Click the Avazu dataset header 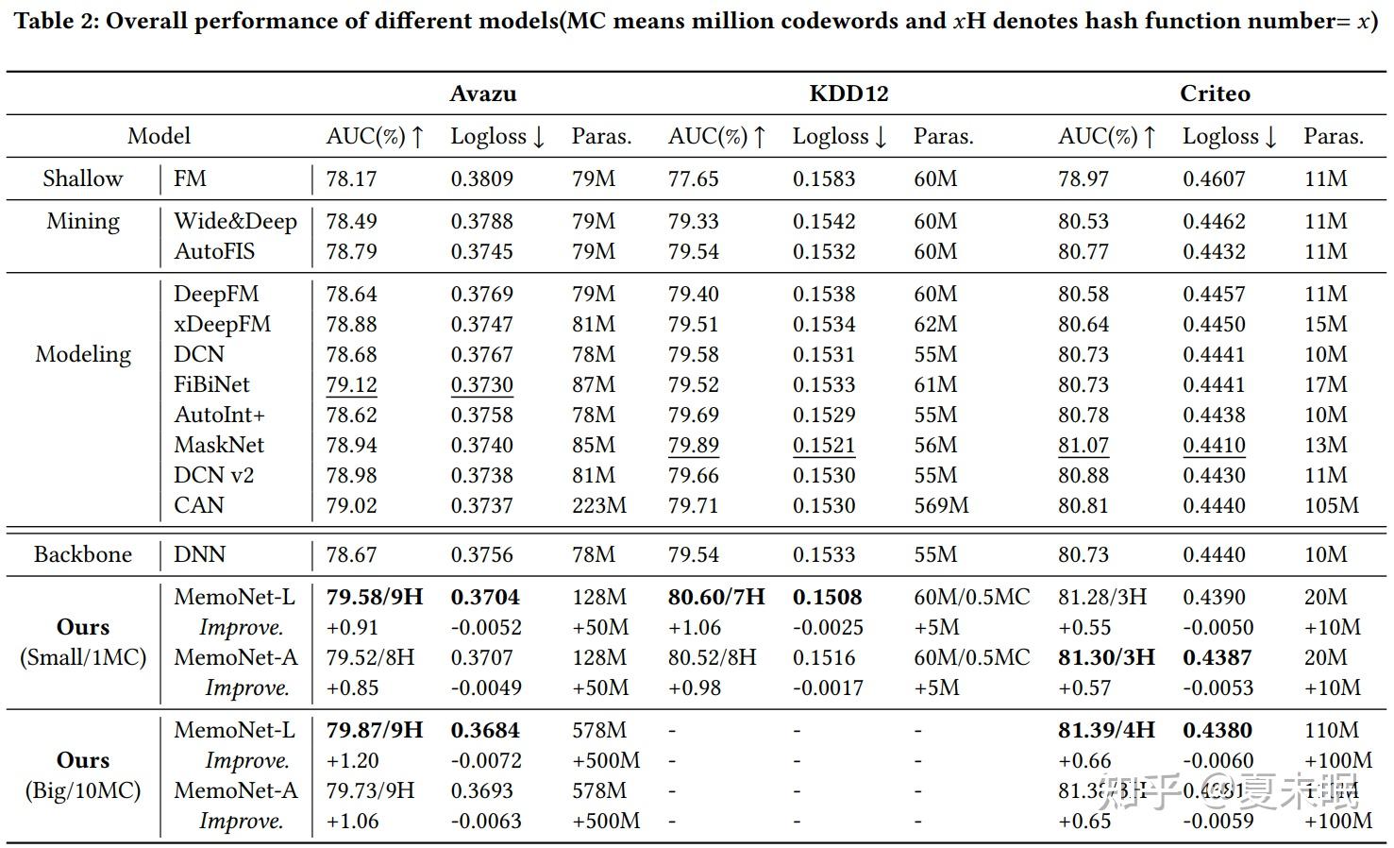tap(482, 93)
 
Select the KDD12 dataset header tap(848, 93)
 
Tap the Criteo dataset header tap(1215, 93)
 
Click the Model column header tap(159, 136)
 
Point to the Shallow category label tap(83, 178)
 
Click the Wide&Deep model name tap(235, 221)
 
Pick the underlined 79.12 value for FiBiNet tap(351, 384)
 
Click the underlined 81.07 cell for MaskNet tap(1083, 445)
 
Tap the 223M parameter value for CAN tap(598, 505)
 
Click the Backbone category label tap(83, 554)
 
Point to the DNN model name tap(199, 554)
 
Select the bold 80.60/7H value tap(716, 597)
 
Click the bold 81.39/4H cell tap(1106, 730)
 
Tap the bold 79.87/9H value tap(375, 730)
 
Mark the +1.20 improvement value tap(352, 760)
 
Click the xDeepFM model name tap(222, 324)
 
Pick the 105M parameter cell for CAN tap(1331, 505)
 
